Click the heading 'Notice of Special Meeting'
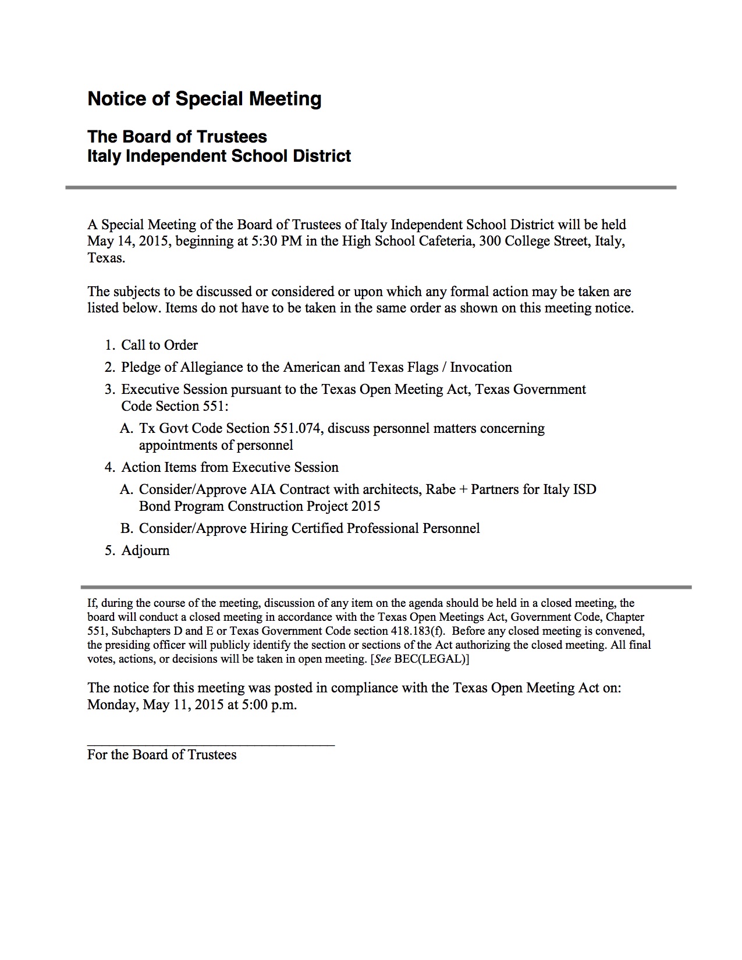204,99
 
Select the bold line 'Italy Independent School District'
219,156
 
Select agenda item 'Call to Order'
159,345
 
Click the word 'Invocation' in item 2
481,367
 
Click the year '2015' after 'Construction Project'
365,506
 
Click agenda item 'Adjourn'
145,550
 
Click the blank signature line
211,744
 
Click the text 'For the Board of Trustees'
162,755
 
